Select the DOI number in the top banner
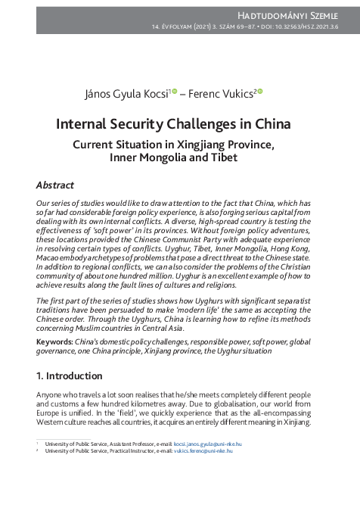[312, 27]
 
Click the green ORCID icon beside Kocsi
[175, 91]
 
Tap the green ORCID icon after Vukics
[260, 91]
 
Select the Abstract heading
[54, 185]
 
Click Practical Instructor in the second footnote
[124, 450]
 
